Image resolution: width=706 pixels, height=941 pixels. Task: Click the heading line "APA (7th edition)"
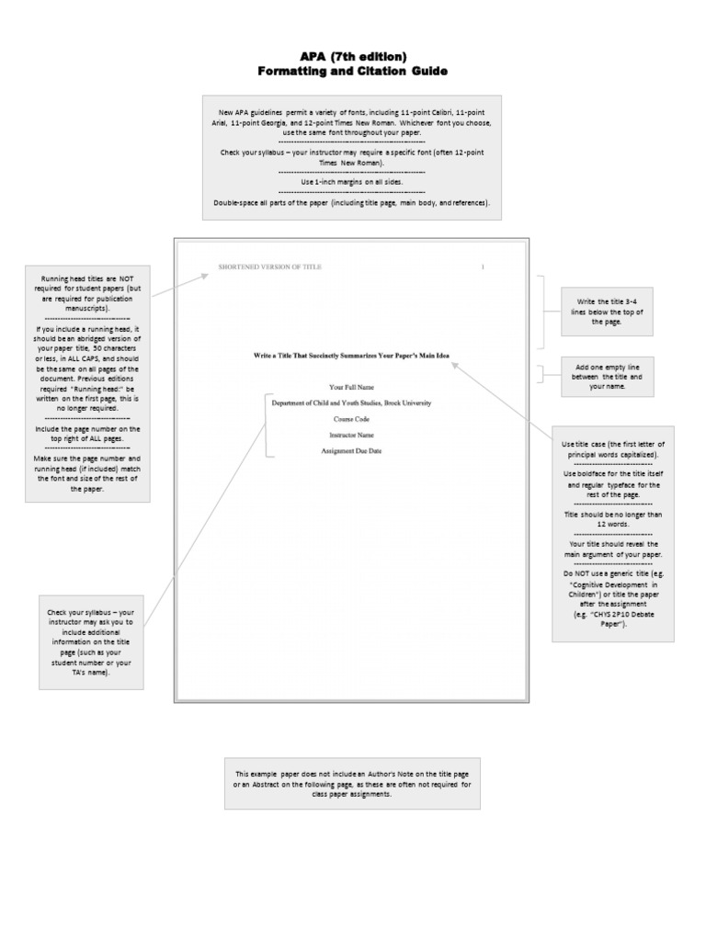coord(352,57)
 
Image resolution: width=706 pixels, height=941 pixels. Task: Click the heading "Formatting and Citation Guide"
coord(352,71)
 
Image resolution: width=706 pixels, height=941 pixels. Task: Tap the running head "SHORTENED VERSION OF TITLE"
coord(270,266)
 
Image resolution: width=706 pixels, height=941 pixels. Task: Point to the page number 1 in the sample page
coord(483,266)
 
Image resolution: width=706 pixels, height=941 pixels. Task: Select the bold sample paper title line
coord(352,355)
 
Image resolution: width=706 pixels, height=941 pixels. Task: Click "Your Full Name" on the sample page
coord(351,387)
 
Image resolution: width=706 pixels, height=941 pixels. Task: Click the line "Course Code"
coord(351,419)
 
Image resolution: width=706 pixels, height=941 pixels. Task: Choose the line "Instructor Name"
coord(351,435)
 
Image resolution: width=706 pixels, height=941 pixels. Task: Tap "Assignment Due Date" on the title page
coord(351,451)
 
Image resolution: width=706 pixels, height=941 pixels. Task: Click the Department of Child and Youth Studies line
coord(351,402)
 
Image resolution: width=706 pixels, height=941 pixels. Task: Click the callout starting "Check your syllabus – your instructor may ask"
coord(91,642)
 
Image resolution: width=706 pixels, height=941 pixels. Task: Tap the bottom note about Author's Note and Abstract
coord(352,783)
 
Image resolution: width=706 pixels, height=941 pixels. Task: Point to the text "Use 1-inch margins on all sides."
coord(352,182)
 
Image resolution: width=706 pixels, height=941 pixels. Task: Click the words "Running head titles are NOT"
coord(87,278)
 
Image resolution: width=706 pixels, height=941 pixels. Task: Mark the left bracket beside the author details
coord(267,425)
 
